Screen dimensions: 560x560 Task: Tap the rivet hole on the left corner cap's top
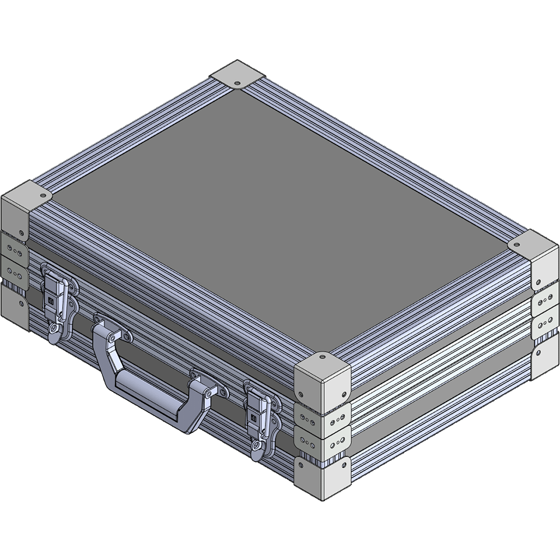click(x=43, y=194)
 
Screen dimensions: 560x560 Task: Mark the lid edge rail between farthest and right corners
click(x=392, y=162)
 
